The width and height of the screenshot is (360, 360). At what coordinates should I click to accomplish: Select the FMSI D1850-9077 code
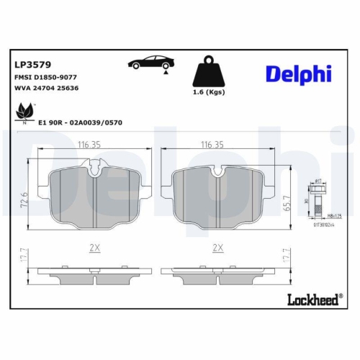tap(45, 76)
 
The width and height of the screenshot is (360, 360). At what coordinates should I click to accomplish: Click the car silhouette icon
tap(150, 63)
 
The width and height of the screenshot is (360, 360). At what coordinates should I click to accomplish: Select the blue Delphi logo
tap(297, 73)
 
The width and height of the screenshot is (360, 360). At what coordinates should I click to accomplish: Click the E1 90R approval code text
tap(78, 122)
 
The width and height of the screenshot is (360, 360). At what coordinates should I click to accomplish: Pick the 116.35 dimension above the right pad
tap(214, 145)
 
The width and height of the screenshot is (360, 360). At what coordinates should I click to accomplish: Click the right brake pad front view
tap(217, 194)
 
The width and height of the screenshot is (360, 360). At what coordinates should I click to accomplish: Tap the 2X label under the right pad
tap(216, 247)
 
